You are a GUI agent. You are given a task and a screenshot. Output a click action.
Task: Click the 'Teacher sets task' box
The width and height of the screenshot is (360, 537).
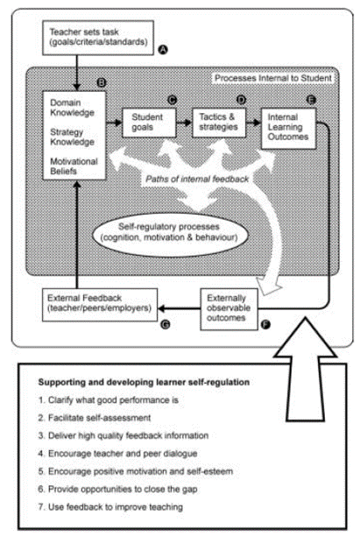coord(98,38)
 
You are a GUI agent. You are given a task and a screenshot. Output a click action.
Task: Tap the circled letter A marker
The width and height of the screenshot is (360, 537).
coord(163,50)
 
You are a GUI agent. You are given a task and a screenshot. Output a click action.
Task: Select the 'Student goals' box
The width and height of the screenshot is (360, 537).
coord(150,123)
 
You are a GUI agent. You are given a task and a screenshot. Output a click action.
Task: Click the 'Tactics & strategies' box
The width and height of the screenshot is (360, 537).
coord(219,123)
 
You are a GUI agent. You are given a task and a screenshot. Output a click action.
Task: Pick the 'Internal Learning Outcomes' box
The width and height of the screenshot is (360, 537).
coord(288,129)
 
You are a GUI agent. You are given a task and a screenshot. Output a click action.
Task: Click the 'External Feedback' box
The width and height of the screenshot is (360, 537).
coord(100,305)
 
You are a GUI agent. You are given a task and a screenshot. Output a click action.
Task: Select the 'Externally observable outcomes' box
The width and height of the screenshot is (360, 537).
coord(229,309)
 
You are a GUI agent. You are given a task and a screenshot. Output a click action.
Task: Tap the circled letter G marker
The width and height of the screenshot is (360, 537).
coord(166,324)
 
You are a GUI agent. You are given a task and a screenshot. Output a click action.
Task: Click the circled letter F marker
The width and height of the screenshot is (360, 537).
coord(265,324)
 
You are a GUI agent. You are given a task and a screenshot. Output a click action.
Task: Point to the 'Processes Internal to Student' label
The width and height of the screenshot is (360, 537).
coord(273,78)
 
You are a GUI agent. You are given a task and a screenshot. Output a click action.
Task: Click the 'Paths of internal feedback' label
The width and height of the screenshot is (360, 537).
coord(197,179)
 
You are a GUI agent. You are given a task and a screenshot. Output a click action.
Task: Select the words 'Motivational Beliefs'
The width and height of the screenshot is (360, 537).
coord(74,166)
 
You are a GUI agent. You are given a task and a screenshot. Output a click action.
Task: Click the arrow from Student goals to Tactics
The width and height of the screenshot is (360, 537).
coord(184,123)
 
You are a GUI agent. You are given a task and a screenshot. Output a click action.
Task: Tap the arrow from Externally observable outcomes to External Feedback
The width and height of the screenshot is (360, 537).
coord(179,308)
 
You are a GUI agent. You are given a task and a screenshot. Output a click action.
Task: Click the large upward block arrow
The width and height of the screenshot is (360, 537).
coord(305,370)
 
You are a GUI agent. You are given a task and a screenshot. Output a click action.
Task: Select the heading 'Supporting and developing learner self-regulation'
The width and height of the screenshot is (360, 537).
coord(144,382)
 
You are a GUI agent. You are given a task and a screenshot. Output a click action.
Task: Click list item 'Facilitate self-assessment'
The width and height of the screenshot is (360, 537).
coord(95,418)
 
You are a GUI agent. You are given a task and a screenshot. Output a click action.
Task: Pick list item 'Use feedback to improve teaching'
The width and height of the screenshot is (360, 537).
coord(110,507)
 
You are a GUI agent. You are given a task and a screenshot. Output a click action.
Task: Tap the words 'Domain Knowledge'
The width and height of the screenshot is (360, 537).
coord(72,108)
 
